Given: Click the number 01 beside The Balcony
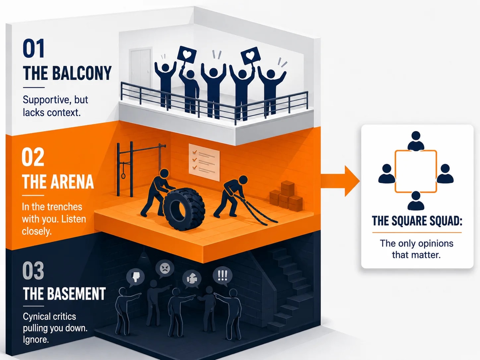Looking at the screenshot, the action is (33, 48).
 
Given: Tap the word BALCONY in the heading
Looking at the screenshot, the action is (82, 73).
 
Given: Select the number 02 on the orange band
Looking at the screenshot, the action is (33, 157).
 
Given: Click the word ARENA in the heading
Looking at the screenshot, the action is (72, 182).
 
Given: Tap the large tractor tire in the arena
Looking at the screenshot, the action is (184, 209).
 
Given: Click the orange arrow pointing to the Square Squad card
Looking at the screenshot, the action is (340, 181).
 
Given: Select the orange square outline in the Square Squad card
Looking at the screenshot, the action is (395, 172).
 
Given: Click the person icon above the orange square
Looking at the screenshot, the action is (416, 141).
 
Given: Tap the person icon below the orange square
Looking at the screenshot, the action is (416, 201).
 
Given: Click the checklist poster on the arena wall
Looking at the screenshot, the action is (204, 162).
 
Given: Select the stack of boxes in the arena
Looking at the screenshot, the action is (286, 196).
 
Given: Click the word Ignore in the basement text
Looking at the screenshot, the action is (36, 339).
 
